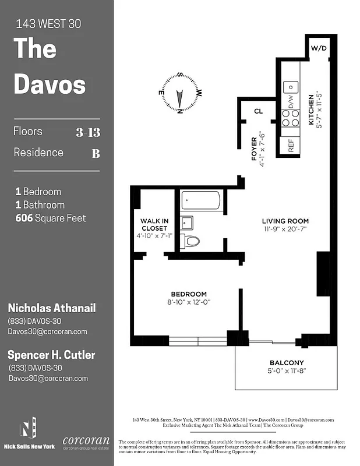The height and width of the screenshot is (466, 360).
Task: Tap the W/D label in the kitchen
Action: tap(318, 48)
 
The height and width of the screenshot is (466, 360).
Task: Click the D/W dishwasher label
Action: tap(291, 103)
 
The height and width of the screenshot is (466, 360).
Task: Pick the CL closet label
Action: tap(259, 111)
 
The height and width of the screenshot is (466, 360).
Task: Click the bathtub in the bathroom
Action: tap(200, 201)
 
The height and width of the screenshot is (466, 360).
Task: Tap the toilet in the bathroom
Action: tap(190, 241)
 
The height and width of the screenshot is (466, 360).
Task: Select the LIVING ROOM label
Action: tap(285, 221)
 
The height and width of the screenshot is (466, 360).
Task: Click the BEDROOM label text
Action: tap(188, 294)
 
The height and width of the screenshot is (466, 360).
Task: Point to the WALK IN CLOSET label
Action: tap(154, 224)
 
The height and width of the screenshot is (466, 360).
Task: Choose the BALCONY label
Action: tap(286, 362)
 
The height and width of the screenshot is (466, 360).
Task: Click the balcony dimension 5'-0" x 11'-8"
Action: tap(286, 370)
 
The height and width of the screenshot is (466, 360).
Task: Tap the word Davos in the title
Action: tap(50, 84)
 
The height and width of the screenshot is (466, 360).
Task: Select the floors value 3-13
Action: tap(88, 132)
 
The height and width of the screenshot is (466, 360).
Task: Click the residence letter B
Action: tap(96, 154)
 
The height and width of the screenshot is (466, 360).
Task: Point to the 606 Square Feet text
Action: tap(51, 218)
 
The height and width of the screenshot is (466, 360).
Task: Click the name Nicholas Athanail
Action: tap(51, 308)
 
